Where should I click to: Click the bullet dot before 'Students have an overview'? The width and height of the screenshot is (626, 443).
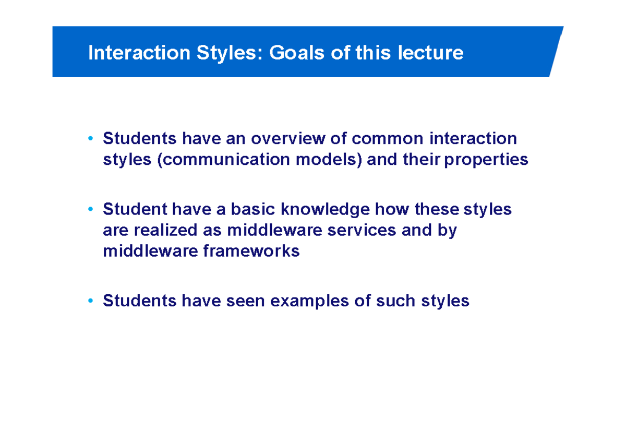click(x=91, y=139)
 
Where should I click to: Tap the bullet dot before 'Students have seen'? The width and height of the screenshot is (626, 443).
click(x=91, y=302)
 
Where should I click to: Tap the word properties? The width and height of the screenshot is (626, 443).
click(x=488, y=160)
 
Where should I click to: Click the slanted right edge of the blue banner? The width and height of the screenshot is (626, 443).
click(x=556, y=52)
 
